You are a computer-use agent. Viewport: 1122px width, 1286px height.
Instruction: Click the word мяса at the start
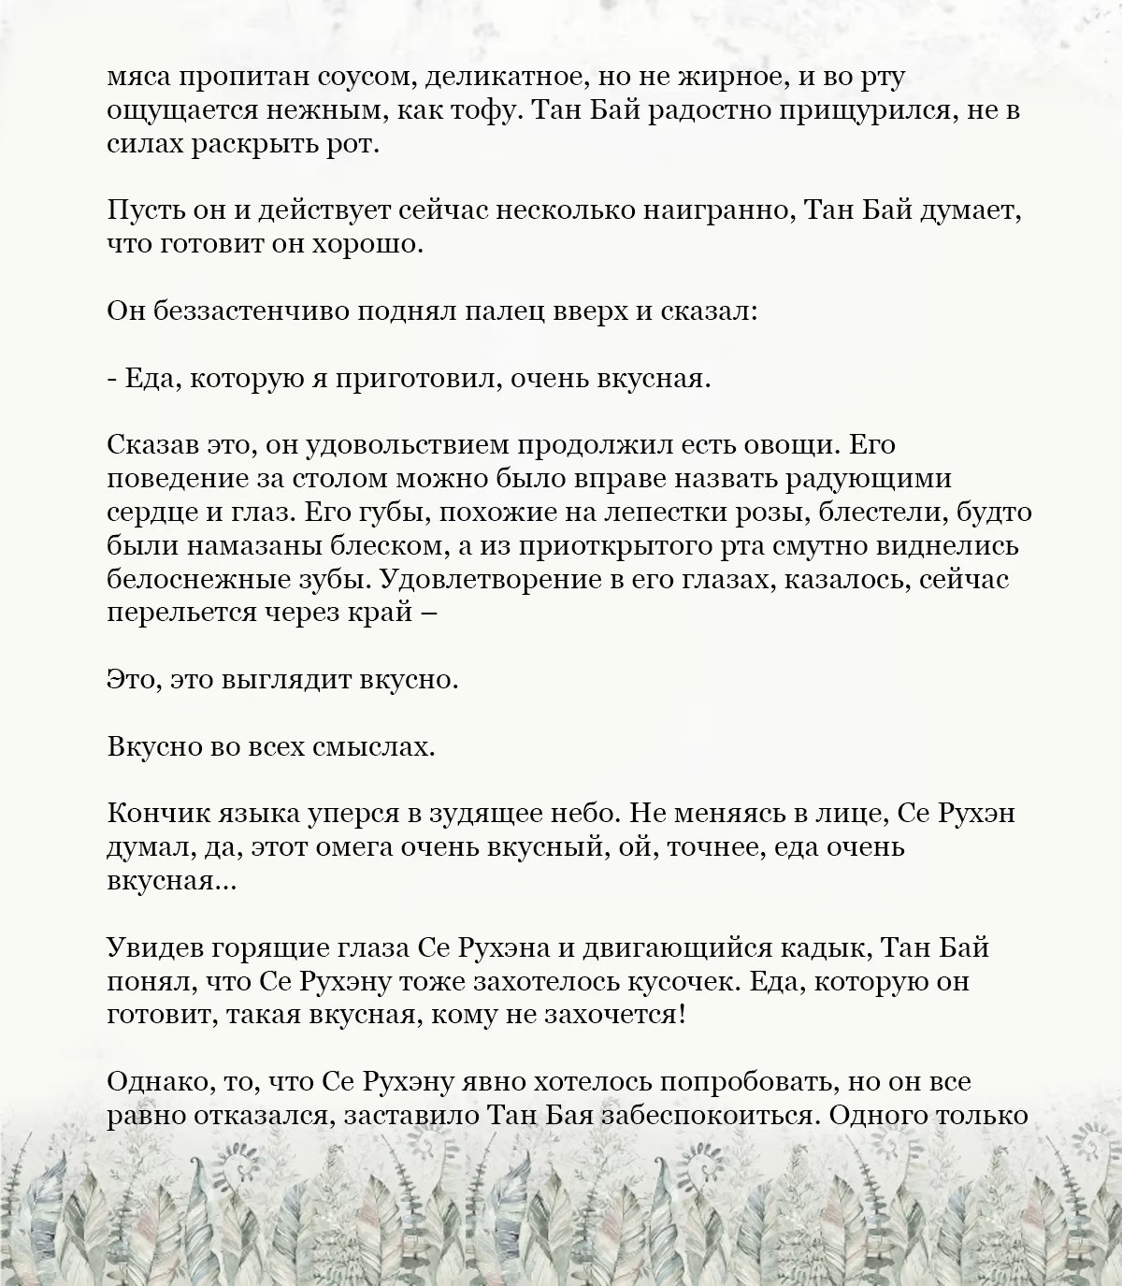138,78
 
